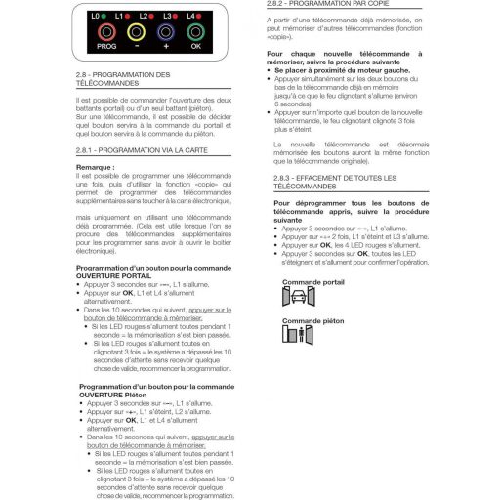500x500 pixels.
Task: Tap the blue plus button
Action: (x=165, y=30)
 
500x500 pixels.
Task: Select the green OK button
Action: (x=196, y=30)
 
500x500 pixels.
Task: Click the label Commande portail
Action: (x=312, y=281)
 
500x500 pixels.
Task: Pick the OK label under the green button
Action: (x=196, y=45)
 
